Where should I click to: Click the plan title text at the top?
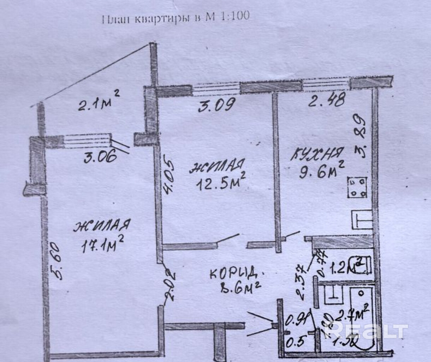pyautogui.click(x=176, y=17)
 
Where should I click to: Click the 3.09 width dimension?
pyautogui.click(x=217, y=105)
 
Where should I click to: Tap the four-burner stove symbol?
pyautogui.click(x=357, y=188)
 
